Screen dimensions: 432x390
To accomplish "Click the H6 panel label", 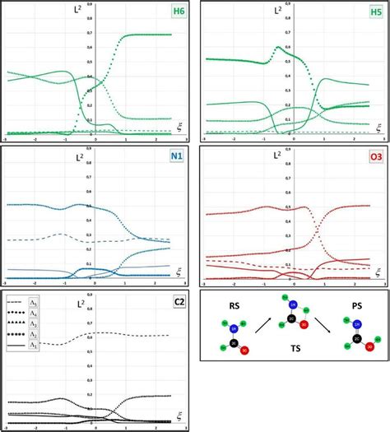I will (x=179, y=12).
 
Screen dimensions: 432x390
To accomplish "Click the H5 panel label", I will (x=374, y=12).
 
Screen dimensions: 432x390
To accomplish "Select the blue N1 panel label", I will (x=179, y=156).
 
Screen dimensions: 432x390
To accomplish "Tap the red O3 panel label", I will (x=374, y=156).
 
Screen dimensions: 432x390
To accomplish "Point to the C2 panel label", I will (x=179, y=300).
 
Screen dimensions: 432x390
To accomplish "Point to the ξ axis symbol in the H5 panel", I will (x=378, y=126).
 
